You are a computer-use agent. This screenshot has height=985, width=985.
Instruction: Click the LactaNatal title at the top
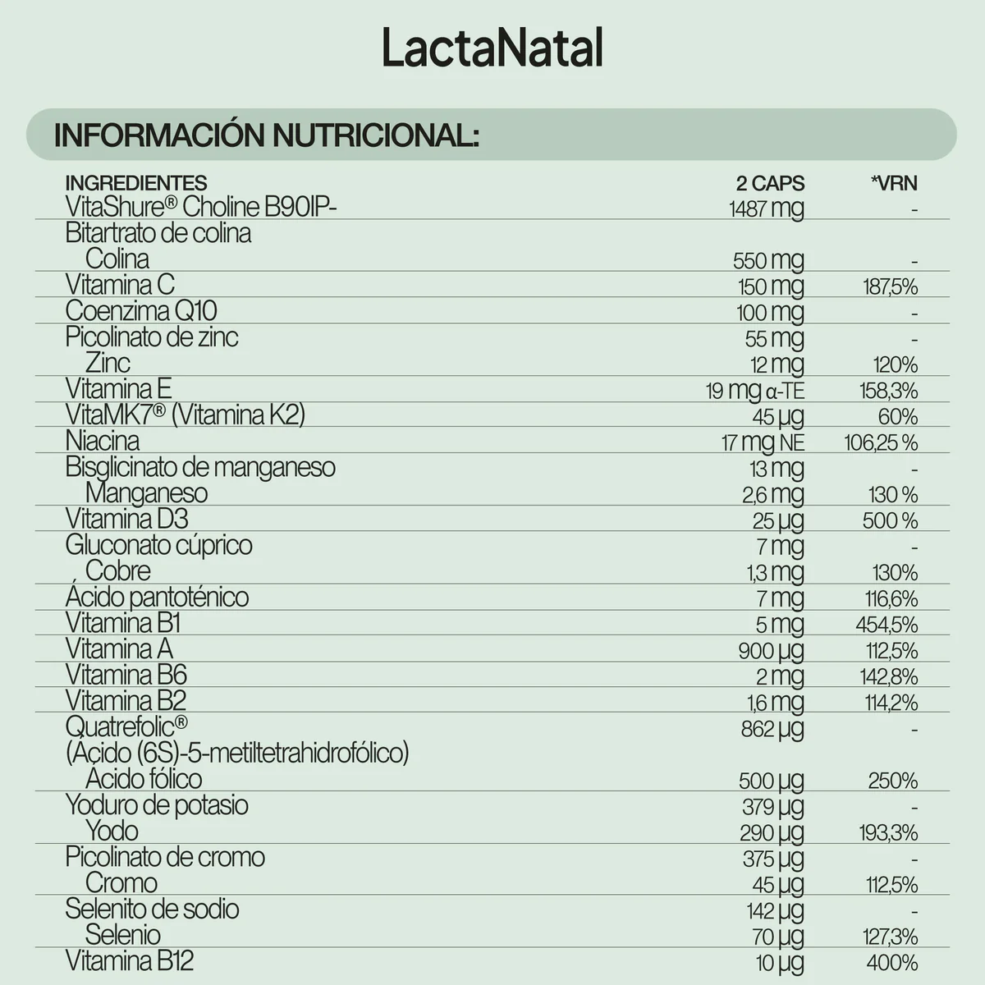pyautogui.click(x=492, y=48)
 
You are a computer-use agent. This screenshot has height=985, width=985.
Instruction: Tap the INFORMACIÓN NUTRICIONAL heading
pyautogui.click(x=266, y=135)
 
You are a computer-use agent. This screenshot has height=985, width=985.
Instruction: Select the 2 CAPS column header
pyautogui.click(x=769, y=183)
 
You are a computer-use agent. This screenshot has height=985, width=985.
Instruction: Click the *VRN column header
pyautogui.click(x=894, y=183)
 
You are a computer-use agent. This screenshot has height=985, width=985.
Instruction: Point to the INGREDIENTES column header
pyautogui.click(x=136, y=183)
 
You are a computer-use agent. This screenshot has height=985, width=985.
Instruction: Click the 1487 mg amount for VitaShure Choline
pyautogui.click(x=766, y=208)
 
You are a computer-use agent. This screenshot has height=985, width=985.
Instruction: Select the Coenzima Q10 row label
pyautogui.click(x=141, y=311)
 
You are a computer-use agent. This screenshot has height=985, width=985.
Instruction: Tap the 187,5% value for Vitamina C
pyautogui.click(x=890, y=286)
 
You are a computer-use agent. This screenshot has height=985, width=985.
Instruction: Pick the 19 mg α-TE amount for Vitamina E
pyautogui.click(x=754, y=391)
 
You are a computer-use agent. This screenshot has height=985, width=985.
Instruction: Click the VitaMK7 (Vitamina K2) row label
pyautogui.click(x=186, y=415)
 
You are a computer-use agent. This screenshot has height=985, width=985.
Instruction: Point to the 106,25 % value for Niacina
pyautogui.click(x=881, y=443)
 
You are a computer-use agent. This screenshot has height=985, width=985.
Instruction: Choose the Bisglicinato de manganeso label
pyautogui.click(x=200, y=467)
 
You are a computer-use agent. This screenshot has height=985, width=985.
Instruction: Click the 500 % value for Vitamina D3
pyautogui.click(x=890, y=520)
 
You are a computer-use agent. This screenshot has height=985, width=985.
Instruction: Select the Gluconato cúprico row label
pyautogui.click(x=158, y=545)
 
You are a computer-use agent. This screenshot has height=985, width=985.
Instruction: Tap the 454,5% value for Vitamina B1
pyautogui.click(x=886, y=625)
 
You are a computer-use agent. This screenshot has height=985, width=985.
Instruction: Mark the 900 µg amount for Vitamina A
pyautogui.click(x=771, y=651)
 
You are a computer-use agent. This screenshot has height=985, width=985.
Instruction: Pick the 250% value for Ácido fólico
pyautogui.click(x=892, y=781)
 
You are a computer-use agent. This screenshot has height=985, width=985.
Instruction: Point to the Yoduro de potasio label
pyautogui.click(x=157, y=804)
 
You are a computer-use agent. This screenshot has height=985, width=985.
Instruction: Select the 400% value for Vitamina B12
pyautogui.click(x=891, y=963)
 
